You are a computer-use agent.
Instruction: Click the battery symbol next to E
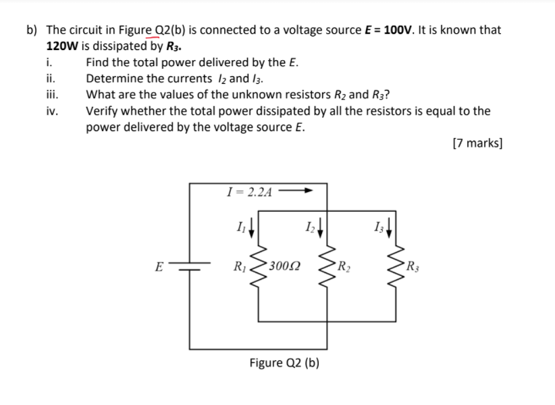pos(190,266)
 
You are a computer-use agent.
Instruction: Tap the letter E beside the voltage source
pos(159,266)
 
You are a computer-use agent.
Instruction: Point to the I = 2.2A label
pos(250,192)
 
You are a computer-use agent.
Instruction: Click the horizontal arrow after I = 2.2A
pos(297,191)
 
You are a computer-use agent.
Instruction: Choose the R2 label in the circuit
pos(344,266)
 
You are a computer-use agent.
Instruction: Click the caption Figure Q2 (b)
pos(284,363)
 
